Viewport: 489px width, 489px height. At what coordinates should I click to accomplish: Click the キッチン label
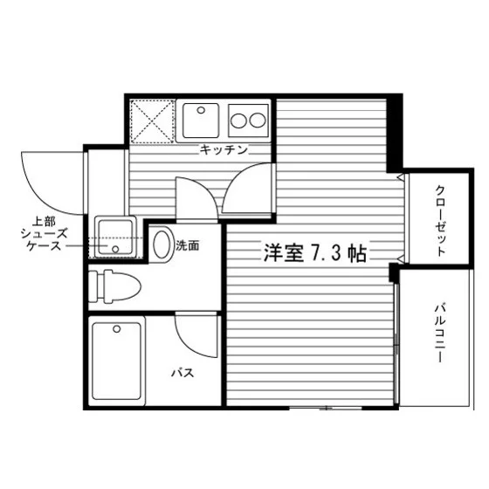(224, 150)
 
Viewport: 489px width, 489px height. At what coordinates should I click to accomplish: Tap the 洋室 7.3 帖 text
(314, 253)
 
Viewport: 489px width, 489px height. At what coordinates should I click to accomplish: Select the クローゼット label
(440, 221)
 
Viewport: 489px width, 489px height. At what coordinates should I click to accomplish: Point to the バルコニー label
(439, 333)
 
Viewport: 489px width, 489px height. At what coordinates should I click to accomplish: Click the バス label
(183, 373)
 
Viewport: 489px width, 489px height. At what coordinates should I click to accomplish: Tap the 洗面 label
(188, 245)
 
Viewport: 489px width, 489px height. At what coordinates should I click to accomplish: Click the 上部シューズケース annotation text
(44, 234)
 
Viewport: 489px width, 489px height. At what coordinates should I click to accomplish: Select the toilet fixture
(114, 286)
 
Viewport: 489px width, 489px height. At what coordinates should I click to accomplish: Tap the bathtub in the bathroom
(117, 362)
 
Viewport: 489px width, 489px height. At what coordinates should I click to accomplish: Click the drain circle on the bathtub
(117, 328)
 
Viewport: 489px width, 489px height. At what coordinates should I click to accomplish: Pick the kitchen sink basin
(201, 121)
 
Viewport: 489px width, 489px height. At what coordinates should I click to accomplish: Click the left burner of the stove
(238, 121)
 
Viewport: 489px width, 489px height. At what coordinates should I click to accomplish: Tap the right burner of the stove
(258, 121)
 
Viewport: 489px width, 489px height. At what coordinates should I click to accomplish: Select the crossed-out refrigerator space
(152, 121)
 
